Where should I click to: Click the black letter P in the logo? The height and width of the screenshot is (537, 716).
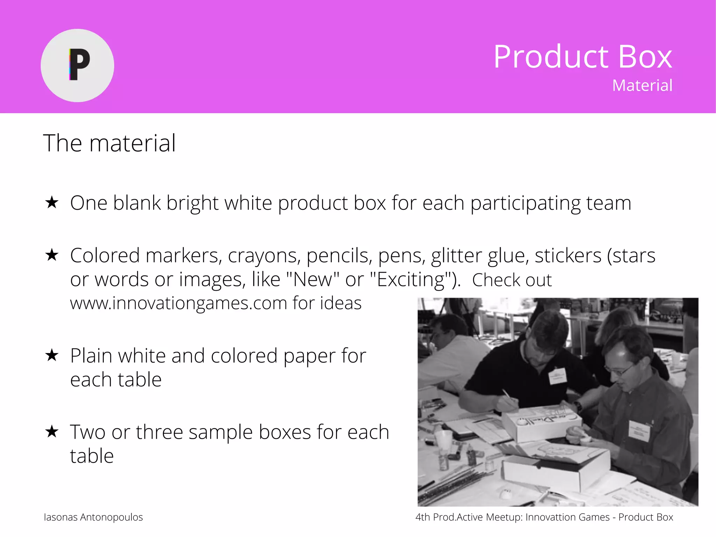(80, 65)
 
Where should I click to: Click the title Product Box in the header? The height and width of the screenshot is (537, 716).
(582, 57)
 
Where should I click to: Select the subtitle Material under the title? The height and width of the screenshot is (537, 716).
(642, 86)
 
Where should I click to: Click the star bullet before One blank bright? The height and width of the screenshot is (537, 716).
(52, 202)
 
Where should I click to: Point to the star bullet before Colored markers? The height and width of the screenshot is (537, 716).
(52, 255)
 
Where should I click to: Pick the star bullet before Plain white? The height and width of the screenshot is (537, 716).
(52, 355)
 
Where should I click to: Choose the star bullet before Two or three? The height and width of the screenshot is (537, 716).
(52, 431)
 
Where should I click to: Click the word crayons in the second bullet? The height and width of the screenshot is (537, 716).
(264, 256)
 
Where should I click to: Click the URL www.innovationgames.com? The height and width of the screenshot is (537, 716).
(178, 303)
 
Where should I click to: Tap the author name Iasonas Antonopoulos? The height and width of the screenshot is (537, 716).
(93, 517)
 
